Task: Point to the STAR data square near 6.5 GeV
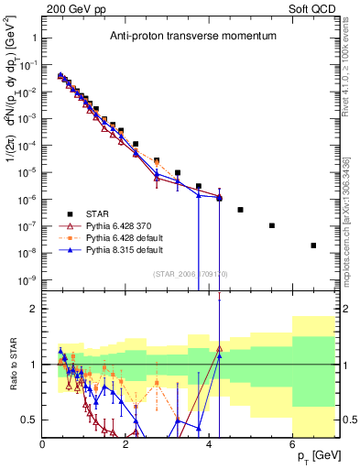[314, 245]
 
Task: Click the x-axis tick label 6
[292, 445]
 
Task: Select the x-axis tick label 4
[210, 445]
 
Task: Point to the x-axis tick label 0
[42, 445]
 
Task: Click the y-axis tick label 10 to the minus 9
[28, 279]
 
